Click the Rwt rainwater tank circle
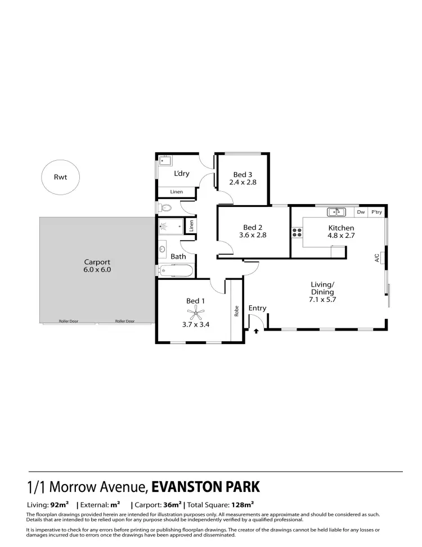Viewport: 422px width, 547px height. [60, 177]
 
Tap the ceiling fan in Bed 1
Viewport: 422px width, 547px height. [195, 315]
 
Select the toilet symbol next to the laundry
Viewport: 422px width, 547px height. [165, 208]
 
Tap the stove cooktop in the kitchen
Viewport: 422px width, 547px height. [296, 232]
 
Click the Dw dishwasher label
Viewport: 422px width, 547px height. [361, 212]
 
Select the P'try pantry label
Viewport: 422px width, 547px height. [376, 212]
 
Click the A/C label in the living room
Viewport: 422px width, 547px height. [376, 258]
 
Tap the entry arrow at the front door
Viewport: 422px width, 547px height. [256, 332]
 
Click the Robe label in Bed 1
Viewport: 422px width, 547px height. [237, 310]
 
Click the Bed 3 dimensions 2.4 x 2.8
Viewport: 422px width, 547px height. [243, 182]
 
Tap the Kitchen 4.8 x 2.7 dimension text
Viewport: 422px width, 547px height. [341, 236]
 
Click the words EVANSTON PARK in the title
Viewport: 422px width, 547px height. [205, 486]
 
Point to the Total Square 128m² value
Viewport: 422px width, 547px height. [242, 505]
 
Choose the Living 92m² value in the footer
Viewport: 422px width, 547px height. [60, 505]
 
